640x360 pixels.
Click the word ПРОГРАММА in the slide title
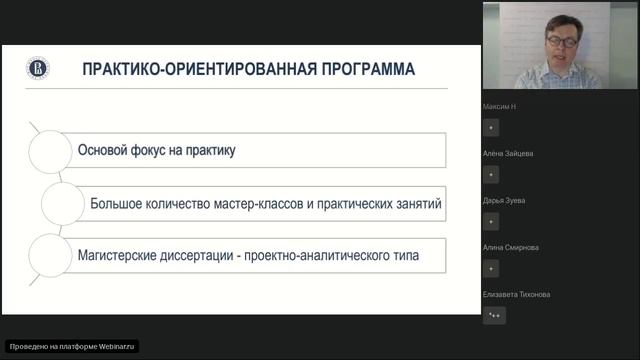tap(363, 70)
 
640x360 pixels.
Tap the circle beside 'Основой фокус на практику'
tap(50, 150)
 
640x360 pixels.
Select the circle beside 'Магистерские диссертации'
tap(50, 256)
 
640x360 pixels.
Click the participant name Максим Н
tap(500, 106)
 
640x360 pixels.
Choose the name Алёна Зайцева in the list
tap(508, 153)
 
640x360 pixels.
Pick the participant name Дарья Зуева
tap(504, 200)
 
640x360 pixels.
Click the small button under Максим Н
tap(491, 128)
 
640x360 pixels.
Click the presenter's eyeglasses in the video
tap(560, 41)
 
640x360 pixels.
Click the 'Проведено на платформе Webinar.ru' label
tap(72, 346)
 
